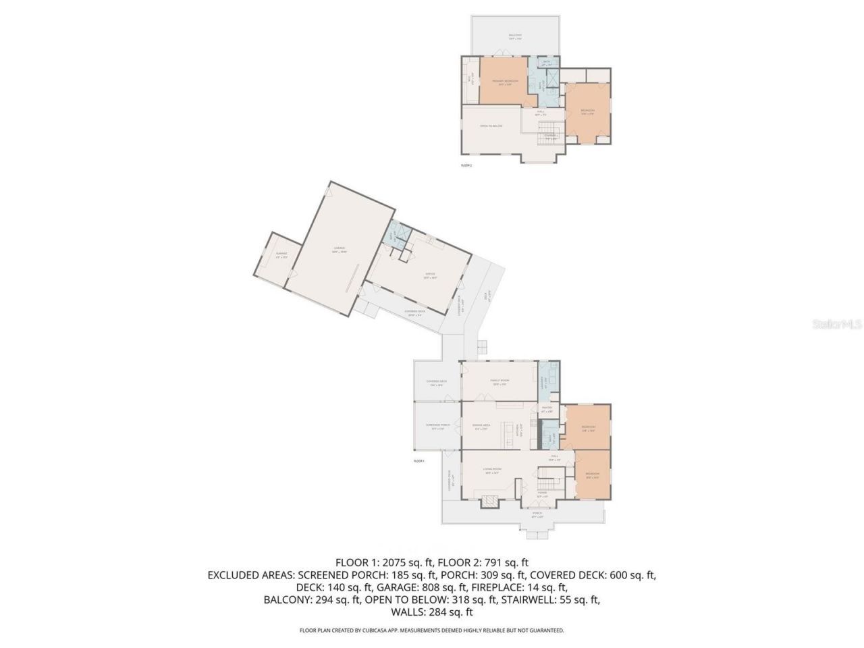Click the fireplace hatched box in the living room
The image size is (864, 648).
point(488,502)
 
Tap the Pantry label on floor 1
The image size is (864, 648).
point(547,409)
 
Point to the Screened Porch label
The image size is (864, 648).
point(437,426)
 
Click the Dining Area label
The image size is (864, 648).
point(482,427)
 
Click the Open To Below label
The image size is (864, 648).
point(491,126)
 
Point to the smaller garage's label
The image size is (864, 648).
point(281,255)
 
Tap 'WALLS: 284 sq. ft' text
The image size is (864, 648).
point(432,612)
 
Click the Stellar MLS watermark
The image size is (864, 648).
point(836,325)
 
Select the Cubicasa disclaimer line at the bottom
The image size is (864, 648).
point(432,630)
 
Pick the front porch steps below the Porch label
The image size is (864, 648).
point(538,535)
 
